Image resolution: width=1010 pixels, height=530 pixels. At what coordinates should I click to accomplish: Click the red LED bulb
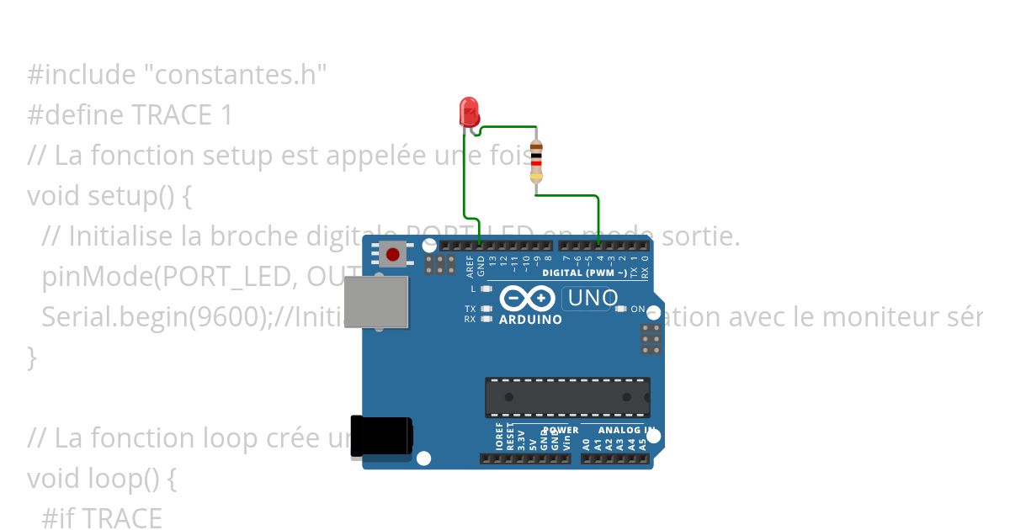click(x=469, y=111)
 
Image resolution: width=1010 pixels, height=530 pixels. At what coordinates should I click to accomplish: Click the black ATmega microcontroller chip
click(x=566, y=397)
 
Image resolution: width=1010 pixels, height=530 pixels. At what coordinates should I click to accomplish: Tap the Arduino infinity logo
click(x=527, y=298)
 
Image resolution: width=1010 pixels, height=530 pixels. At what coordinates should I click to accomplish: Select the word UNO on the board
click(x=593, y=298)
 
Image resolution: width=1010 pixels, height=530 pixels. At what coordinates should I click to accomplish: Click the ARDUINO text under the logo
click(x=530, y=320)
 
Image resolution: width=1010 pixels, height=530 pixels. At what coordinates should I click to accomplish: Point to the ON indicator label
click(x=637, y=309)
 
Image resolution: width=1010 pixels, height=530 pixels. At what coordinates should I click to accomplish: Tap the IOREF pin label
click(x=499, y=439)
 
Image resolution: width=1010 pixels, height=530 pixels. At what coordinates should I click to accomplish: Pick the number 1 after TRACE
click(x=226, y=115)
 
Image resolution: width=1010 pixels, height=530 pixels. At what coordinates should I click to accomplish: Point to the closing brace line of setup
click(x=33, y=358)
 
